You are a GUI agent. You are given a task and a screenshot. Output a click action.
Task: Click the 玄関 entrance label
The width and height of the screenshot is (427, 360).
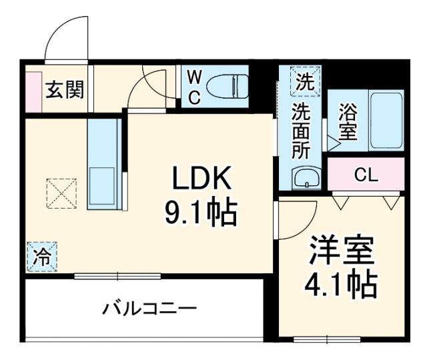[x=65, y=89]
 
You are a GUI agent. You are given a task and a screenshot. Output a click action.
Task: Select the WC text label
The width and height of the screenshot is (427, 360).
[x=194, y=87]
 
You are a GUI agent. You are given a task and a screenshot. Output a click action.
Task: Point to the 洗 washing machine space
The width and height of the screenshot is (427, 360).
[x=304, y=83]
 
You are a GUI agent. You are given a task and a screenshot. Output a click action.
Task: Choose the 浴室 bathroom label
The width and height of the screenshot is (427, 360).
[x=347, y=121]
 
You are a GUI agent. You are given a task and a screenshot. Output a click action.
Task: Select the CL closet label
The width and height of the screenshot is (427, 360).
[x=366, y=175]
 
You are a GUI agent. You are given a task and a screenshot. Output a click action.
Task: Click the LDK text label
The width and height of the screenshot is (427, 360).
[x=201, y=179]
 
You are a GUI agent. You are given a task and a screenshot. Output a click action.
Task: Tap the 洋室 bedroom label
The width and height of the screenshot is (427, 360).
[x=342, y=251]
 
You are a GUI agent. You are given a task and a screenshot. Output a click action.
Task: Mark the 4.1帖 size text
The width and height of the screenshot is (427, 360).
[x=342, y=285]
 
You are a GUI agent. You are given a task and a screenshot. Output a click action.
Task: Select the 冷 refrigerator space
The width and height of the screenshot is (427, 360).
[x=42, y=257]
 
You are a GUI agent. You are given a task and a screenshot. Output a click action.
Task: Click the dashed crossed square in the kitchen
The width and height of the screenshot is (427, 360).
[x=61, y=194]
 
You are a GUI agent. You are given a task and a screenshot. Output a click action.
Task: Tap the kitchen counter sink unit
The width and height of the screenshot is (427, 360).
[x=102, y=163]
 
